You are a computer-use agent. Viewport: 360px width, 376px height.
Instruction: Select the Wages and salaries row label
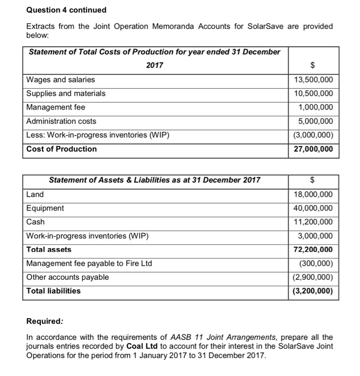coord(61,79)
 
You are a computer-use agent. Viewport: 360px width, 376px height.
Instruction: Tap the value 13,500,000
coord(314,80)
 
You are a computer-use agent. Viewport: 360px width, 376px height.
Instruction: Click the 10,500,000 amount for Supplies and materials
coord(314,93)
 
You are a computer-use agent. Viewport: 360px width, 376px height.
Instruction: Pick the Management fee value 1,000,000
coord(316,107)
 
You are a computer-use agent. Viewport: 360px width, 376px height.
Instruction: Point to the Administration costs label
coord(61,121)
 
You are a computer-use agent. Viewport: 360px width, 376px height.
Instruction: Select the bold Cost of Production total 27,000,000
coord(314,149)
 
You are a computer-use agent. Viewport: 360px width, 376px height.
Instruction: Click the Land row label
coord(35,194)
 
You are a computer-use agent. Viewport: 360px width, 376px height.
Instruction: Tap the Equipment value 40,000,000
coord(314,208)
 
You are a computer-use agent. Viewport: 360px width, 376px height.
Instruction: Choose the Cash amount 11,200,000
coord(314,222)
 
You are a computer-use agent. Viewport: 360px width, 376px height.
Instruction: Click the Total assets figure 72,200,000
coord(314,250)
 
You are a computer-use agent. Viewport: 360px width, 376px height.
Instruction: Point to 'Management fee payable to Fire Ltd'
coord(89,263)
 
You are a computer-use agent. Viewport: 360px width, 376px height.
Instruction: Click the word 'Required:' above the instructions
coord(45,322)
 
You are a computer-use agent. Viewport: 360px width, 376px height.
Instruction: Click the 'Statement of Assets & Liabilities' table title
coord(154,180)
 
